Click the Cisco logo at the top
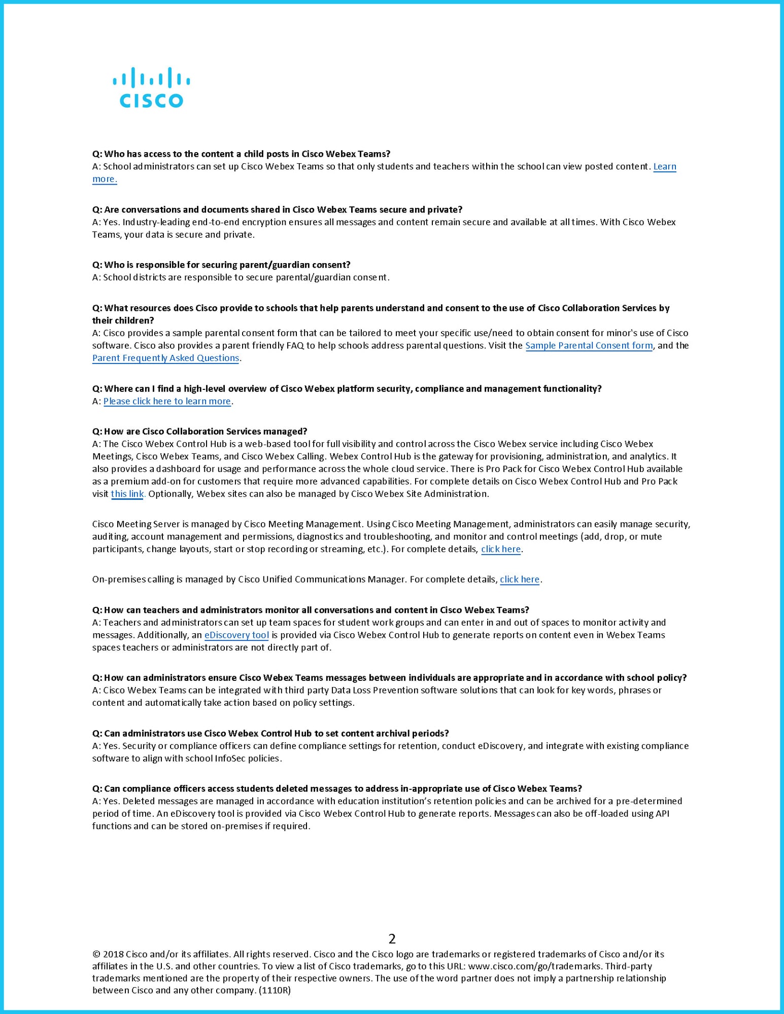151,88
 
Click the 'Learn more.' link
664,167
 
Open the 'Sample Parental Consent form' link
589,346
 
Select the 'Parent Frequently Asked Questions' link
165,358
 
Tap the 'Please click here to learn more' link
167,402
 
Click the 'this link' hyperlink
127,494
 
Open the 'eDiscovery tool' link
236,635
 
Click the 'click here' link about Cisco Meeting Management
501,549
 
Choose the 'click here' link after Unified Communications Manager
520,580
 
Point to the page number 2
392,938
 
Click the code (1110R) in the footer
275,990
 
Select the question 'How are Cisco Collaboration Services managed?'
199,431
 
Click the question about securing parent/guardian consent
221,265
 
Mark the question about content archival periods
270,734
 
